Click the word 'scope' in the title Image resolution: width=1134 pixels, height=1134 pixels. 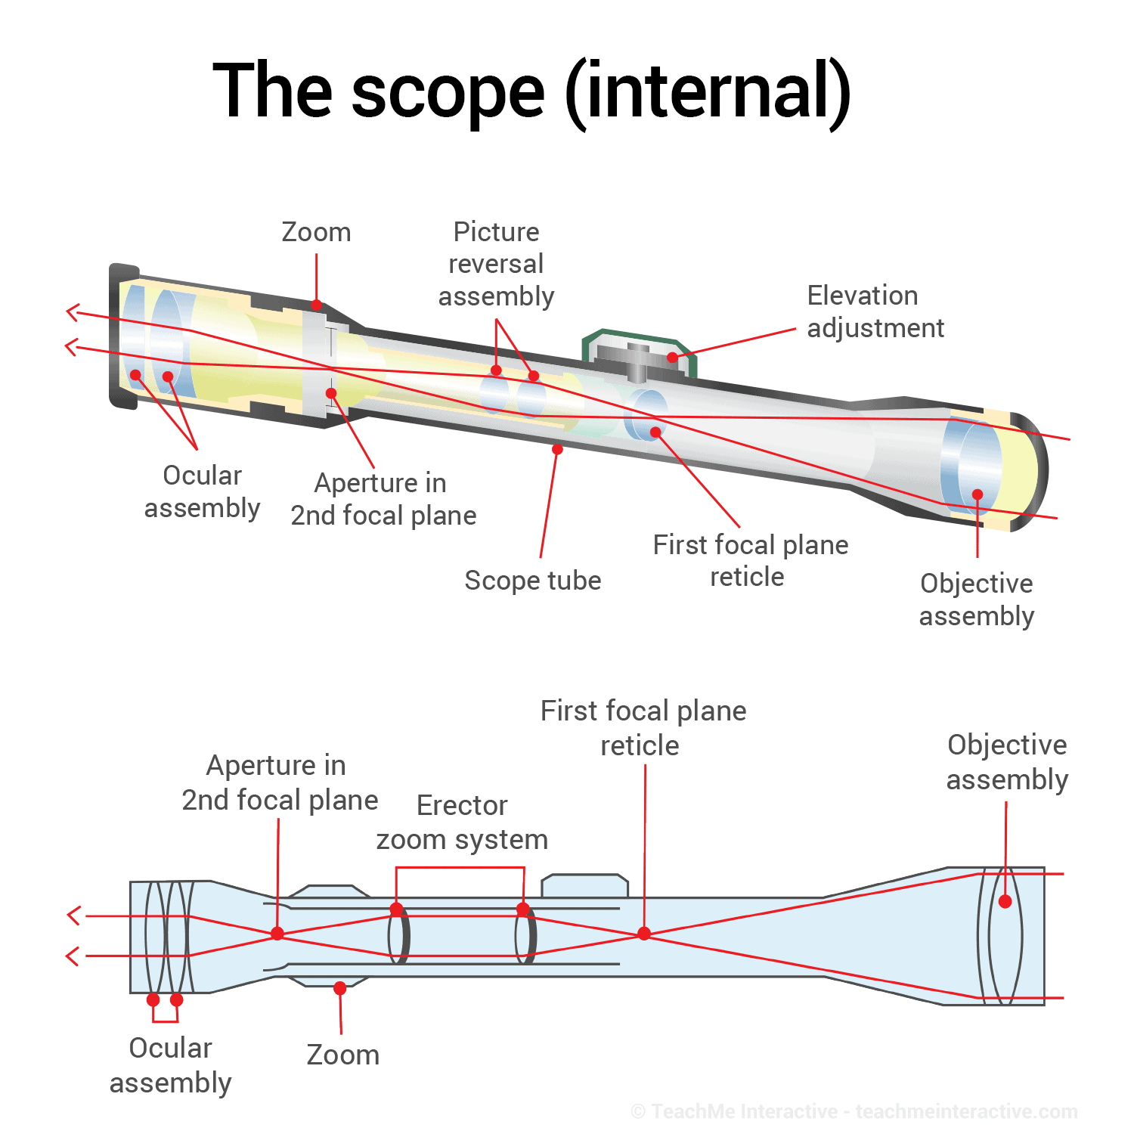448,92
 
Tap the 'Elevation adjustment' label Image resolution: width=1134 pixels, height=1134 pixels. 875,311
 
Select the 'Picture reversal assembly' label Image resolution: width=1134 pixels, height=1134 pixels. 496,264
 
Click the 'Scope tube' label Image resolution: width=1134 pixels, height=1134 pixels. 532,581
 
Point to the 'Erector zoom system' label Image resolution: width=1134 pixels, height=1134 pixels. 462,823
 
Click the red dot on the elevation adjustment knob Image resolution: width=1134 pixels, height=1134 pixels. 672,358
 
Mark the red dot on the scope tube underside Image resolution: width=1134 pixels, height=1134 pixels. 557,449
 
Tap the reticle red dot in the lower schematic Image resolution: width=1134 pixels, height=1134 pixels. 644,934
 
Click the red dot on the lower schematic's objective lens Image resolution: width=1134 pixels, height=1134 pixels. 1005,901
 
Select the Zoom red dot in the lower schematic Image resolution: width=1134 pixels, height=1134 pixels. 340,988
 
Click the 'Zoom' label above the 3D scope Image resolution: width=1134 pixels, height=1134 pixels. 316,232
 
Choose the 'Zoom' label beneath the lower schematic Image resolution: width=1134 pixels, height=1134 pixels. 342,1055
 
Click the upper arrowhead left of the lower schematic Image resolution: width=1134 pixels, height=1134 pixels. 73,916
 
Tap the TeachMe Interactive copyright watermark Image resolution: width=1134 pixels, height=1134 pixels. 854,1111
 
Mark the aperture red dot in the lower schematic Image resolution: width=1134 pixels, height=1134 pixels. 277,934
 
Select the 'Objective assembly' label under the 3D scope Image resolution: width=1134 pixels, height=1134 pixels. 976,600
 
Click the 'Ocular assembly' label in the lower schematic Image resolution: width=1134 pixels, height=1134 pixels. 170,1065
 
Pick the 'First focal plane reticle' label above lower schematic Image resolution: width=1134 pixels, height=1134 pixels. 643,728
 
